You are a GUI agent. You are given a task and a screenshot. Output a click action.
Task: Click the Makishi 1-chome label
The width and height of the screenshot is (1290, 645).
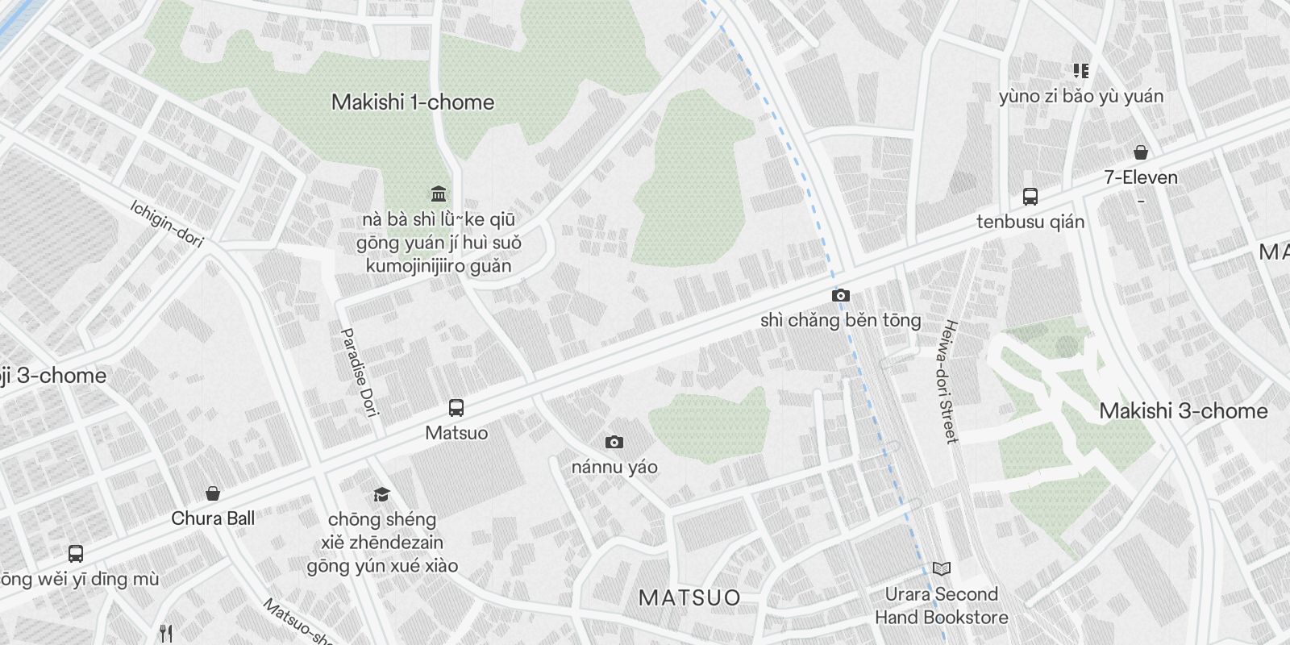coord(413,102)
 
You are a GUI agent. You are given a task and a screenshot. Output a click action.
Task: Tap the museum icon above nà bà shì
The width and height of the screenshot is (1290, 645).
coord(439,193)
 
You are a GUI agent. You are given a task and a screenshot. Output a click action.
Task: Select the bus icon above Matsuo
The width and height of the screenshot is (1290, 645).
coord(456,408)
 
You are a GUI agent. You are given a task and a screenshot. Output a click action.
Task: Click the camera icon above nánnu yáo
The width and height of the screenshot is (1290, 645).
coord(614,442)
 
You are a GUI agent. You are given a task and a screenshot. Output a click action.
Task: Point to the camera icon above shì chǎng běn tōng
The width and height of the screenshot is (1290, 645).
coord(840,295)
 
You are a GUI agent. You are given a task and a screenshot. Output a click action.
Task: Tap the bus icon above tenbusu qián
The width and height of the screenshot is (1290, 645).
coord(1030,196)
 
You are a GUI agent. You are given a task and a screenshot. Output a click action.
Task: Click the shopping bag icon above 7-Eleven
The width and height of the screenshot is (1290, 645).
coord(1141,152)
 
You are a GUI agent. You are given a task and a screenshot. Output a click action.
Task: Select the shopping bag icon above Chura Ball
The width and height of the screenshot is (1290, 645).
coord(213,493)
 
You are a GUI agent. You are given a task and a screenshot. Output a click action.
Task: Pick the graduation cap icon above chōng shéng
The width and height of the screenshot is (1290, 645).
coord(381,494)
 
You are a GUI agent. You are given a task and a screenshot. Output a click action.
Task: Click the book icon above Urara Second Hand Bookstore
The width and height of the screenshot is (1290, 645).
coord(941,568)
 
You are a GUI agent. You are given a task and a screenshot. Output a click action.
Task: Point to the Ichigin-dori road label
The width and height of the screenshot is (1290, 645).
coord(167,223)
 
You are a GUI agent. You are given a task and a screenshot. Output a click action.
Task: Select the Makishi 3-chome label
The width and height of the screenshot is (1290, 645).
coord(1183,411)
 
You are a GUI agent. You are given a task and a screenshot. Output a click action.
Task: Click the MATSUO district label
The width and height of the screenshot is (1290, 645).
coord(689,597)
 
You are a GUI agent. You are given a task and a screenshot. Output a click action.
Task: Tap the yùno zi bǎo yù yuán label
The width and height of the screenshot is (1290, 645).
coord(1081,97)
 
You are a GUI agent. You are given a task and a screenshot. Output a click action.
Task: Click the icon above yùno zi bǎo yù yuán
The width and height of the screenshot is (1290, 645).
coord(1081,71)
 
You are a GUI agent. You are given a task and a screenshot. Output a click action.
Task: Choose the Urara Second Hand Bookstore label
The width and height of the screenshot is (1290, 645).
coord(942,606)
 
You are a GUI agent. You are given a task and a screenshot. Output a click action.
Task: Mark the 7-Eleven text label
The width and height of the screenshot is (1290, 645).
coord(1141,177)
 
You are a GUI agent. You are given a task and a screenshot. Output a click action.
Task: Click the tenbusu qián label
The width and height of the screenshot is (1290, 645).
coord(1030,222)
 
